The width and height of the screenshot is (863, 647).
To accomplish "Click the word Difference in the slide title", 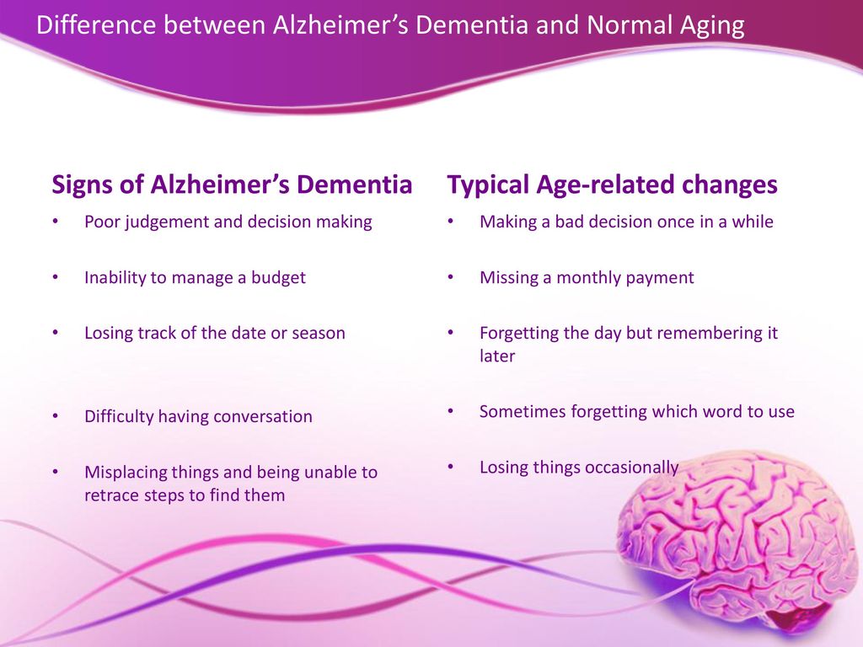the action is (96, 25).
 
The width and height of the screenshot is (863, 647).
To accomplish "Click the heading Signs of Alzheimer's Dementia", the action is (232, 185).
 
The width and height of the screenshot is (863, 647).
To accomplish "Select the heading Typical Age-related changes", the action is (612, 185).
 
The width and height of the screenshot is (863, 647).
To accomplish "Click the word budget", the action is (278, 277).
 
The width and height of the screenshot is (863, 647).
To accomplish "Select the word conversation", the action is (263, 416).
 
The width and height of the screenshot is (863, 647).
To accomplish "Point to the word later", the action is (497, 356).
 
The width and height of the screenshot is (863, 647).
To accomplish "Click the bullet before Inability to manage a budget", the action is (56, 277).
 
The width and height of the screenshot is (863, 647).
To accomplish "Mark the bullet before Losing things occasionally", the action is (451, 467).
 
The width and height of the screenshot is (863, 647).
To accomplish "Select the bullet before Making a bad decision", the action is (451, 222).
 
